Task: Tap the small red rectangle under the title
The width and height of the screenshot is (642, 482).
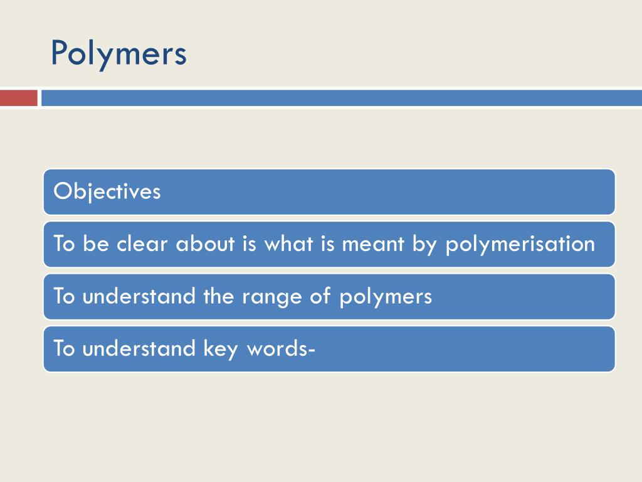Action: [x=18, y=99]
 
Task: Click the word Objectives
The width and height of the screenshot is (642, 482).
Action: [x=107, y=191]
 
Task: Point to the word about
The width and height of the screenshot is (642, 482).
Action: [x=204, y=244]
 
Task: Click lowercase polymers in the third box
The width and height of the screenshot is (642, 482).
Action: [x=386, y=297]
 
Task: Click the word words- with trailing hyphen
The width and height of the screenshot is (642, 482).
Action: [x=280, y=348]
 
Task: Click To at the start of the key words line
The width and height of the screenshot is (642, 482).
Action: [x=64, y=348]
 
